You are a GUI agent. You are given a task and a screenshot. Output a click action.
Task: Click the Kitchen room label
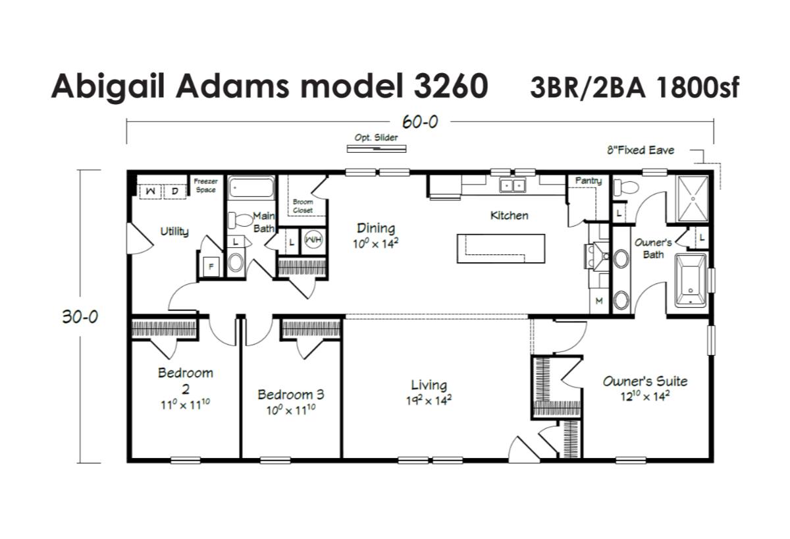pyautogui.click(x=509, y=215)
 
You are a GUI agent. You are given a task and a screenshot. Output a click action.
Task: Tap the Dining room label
pyautogui.click(x=376, y=228)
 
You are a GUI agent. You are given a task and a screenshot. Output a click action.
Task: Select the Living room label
pyautogui.click(x=429, y=385)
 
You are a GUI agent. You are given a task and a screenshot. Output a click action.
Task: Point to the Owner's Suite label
pyautogui.click(x=645, y=382)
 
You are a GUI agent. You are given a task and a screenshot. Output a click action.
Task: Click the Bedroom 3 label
pyautogui.click(x=290, y=394)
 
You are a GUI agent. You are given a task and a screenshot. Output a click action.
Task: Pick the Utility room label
pyautogui.click(x=174, y=231)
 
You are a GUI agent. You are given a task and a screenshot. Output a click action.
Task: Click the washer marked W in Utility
pyautogui.click(x=151, y=191)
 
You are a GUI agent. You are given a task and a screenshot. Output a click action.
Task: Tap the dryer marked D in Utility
pyautogui.click(x=175, y=191)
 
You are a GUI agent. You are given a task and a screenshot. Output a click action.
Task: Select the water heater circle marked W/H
pyautogui.click(x=313, y=240)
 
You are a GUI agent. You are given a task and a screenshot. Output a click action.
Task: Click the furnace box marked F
pyautogui.click(x=211, y=266)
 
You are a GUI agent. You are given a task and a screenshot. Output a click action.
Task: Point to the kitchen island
pyautogui.click(x=501, y=248)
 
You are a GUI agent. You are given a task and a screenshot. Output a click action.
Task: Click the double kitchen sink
pyautogui.click(x=512, y=185)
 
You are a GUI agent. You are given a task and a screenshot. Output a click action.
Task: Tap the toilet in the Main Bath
pyautogui.click(x=239, y=220)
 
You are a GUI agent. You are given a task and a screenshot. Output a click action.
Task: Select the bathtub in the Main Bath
pyautogui.click(x=251, y=187)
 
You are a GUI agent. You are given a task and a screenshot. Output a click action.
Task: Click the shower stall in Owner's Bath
pyautogui.click(x=693, y=199)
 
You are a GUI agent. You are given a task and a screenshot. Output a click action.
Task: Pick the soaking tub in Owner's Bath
pyautogui.click(x=691, y=280)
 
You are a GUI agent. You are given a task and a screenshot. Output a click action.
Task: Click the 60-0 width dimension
pyautogui.click(x=420, y=122)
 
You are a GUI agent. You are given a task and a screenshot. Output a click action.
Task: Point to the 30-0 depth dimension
pyautogui.click(x=80, y=317)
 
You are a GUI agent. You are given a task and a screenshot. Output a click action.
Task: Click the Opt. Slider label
pyautogui.click(x=376, y=138)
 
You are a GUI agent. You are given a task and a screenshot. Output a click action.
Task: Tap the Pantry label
pyautogui.click(x=589, y=181)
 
